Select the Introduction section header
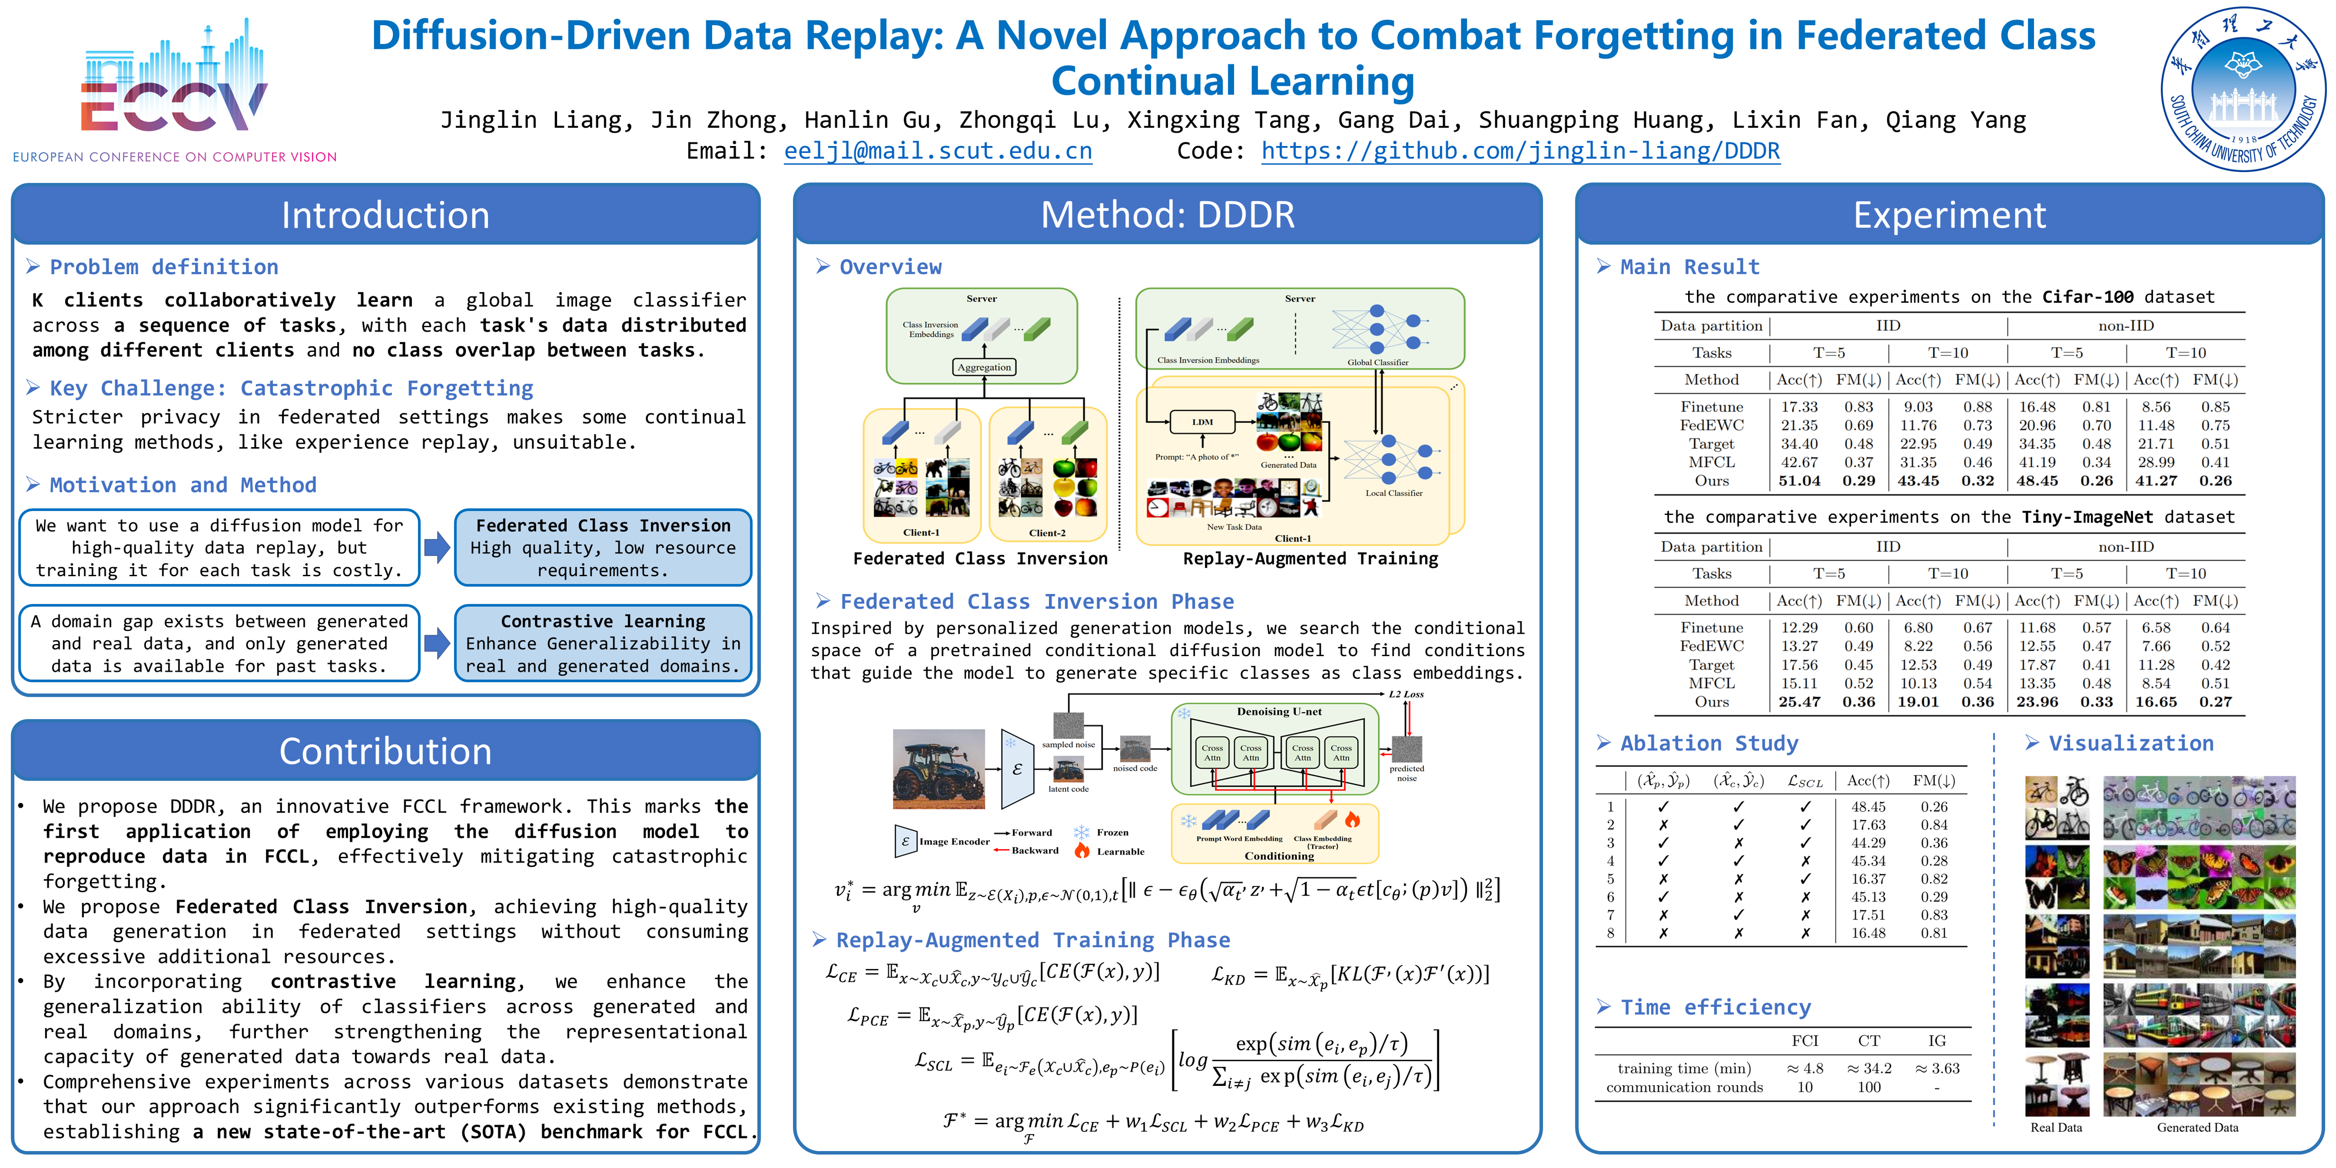pyautogui.click(x=386, y=215)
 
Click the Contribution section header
pyautogui.click(x=386, y=751)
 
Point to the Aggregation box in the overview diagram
pyautogui.click(x=984, y=367)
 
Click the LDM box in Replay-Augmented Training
pyautogui.click(x=1203, y=422)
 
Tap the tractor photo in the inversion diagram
pyautogui.click(x=939, y=768)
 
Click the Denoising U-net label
pyautogui.click(x=1278, y=712)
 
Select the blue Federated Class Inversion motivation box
pyautogui.click(x=603, y=547)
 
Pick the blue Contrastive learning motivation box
pyautogui.click(x=603, y=643)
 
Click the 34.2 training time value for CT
pyautogui.click(x=1870, y=1068)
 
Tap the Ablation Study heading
pyautogui.click(x=1709, y=744)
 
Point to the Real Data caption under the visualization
pyautogui.click(x=2056, y=1127)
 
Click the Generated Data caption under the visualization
pyautogui.click(x=2197, y=1127)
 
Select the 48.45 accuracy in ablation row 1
pyautogui.click(x=1868, y=806)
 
